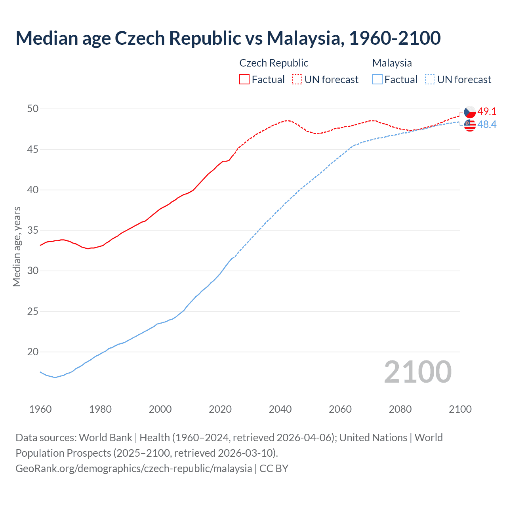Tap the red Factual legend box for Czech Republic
point(244,79)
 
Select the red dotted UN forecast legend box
point(297,79)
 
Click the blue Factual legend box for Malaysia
point(377,79)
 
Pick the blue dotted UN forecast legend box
point(430,79)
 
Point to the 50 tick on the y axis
point(33,109)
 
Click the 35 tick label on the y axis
point(33,230)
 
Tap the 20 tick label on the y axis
point(33,352)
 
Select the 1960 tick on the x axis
point(40,409)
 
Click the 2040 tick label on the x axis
point(280,409)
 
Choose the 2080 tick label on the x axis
point(400,409)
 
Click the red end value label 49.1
point(487,111)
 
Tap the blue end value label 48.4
point(487,124)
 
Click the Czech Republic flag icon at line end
point(470,112)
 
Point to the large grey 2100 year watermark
point(417,372)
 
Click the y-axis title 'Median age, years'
point(17,246)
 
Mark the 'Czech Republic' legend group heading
point(274,63)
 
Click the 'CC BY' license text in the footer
point(274,468)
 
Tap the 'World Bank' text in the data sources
point(105,438)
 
